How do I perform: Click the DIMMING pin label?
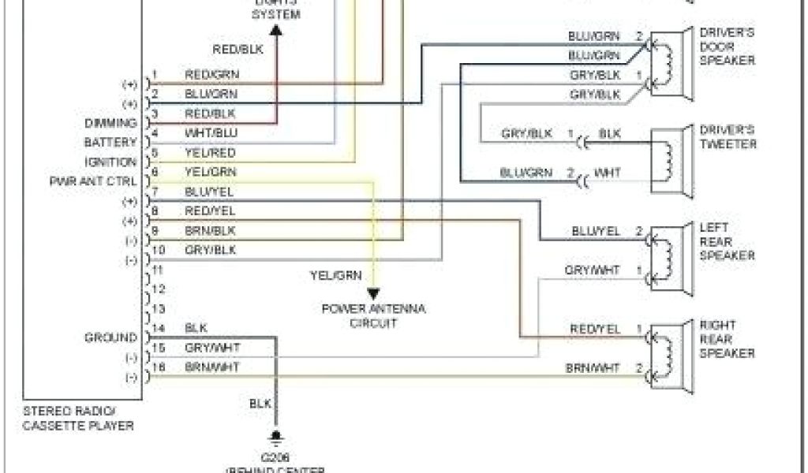point(110,123)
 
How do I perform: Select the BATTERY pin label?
point(110,143)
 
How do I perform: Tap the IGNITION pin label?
point(110,162)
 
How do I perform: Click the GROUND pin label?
point(110,337)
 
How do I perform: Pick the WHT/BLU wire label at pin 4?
point(209,132)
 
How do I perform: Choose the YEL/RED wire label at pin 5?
point(209,152)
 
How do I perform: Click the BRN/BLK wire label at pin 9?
point(209,230)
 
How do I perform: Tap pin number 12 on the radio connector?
point(159,289)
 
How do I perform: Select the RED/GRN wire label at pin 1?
point(211,75)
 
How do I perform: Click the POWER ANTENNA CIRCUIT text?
point(373,315)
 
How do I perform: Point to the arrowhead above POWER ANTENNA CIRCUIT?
point(373,293)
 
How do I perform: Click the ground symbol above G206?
point(276,436)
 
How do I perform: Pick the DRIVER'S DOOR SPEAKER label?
point(727,47)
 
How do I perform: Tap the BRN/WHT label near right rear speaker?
point(593,367)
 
